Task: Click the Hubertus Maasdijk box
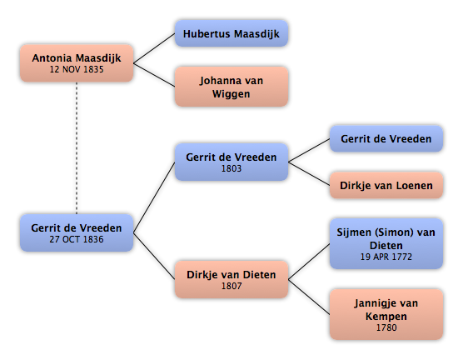coord(231,33)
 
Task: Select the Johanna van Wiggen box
coord(231,87)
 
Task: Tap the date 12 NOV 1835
coord(77,69)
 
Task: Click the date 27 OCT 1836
coord(77,239)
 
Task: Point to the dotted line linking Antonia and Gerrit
coord(77,147)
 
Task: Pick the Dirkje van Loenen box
coord(386,185)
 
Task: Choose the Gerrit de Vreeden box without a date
coord(386,138)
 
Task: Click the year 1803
coord(231,168)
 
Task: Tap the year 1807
coord(231,286)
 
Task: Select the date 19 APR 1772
coord(386,257)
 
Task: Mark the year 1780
coord(386,327)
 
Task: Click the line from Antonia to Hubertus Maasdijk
coord(154,48)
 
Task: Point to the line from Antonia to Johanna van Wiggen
coord(154,75)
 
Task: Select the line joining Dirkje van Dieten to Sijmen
coord(309,262)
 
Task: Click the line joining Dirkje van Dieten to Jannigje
coord(309,297)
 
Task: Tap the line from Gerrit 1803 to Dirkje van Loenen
coord(309,174)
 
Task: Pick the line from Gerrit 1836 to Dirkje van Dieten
coord(154,256)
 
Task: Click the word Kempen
coord(386,317)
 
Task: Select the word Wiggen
coord(231,94)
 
